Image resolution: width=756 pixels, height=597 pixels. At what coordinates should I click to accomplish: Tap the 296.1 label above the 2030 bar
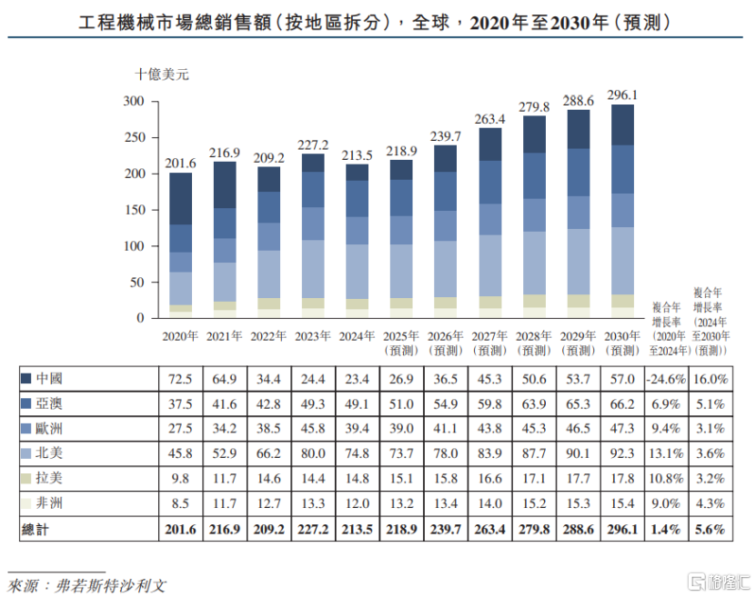coord(622,95)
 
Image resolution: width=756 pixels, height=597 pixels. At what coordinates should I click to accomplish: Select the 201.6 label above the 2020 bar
coord(180,164)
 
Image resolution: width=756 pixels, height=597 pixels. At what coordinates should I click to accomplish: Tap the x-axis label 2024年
coord(358,335)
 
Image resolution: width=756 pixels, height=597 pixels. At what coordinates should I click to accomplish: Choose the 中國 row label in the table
coord(50,377)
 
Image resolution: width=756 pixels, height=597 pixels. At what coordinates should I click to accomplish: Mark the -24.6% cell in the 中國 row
coord(668,378)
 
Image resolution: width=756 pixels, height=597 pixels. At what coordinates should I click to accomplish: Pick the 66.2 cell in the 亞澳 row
coord(622,403)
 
